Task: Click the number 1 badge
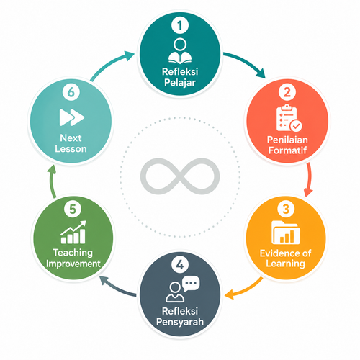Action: coord(180,25)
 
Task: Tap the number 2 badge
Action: coord(287,92)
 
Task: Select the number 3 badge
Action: coord(286,209)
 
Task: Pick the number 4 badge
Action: coord(180,265)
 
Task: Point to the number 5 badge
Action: coord(73,209)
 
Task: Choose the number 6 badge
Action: coord(71,92)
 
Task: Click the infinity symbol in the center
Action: coord(180,176)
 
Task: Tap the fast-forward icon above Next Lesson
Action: coord(72,117)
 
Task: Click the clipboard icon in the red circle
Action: coord(289,118)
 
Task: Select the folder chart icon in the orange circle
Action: coord(286,233)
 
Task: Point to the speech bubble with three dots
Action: coord(191,283)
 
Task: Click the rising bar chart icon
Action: coord(73,232)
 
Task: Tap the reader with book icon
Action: coord(180,51)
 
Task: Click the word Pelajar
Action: coord(180,83)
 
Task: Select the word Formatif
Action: coord(287,150)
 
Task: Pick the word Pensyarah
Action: coord(180,322)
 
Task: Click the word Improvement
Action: coord(73,264)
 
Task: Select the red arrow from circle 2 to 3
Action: coord(310,179)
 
